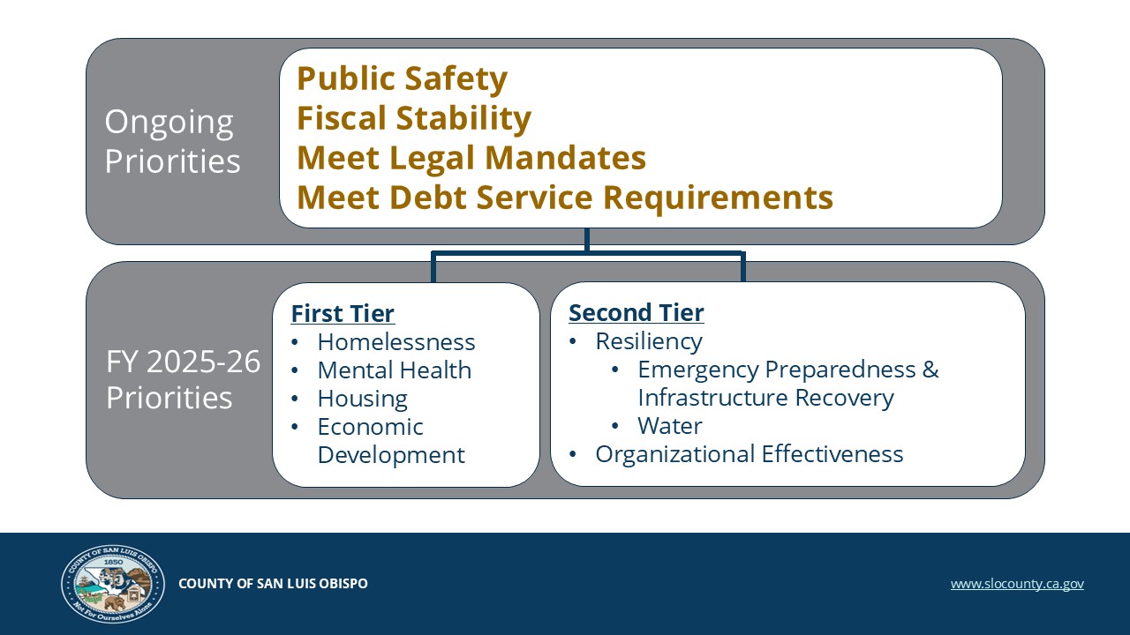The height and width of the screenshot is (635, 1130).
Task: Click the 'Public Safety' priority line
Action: click(x=402, y=79)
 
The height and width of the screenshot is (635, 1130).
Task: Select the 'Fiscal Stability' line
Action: click(x=414, y=119)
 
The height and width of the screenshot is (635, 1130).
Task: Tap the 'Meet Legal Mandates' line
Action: click(x=471, y=158)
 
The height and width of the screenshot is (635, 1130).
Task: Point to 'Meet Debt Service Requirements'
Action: click(x=565, y=198)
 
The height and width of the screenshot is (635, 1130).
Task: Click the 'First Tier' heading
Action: click(x=343, y=313)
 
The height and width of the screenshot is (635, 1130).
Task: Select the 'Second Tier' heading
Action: click(x=637, y=312)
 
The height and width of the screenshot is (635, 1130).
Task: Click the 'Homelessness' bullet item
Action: click(x=396, y=342)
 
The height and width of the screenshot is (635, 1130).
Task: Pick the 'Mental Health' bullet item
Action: click(x=395, y=370)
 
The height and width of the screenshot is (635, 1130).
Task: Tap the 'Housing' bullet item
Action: click(x=363, y=400)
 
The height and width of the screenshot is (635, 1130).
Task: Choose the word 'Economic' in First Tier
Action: click(x=370, y=427)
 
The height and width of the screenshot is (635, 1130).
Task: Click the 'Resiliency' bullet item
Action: click(x=649, y=341)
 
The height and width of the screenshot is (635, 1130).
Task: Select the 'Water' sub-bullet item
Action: click(x=670, y=426)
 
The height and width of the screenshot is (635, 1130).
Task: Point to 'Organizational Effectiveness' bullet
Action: click(x=750, y=454)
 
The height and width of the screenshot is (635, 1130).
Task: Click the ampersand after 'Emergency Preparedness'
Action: click(x=930, y=370)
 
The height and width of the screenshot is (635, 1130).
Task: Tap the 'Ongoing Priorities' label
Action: click(x=172, y=141)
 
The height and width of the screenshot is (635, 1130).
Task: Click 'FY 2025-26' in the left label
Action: click(x=183, y=362)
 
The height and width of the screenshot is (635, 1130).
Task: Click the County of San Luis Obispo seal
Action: click(x=113, y=584)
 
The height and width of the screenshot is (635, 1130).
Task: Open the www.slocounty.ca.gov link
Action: click(x=1017, y=584)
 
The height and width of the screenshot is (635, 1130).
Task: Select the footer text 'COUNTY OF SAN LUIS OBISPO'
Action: click(x=273, y=584)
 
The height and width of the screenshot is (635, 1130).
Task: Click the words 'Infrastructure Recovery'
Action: click(x=765, y=398)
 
